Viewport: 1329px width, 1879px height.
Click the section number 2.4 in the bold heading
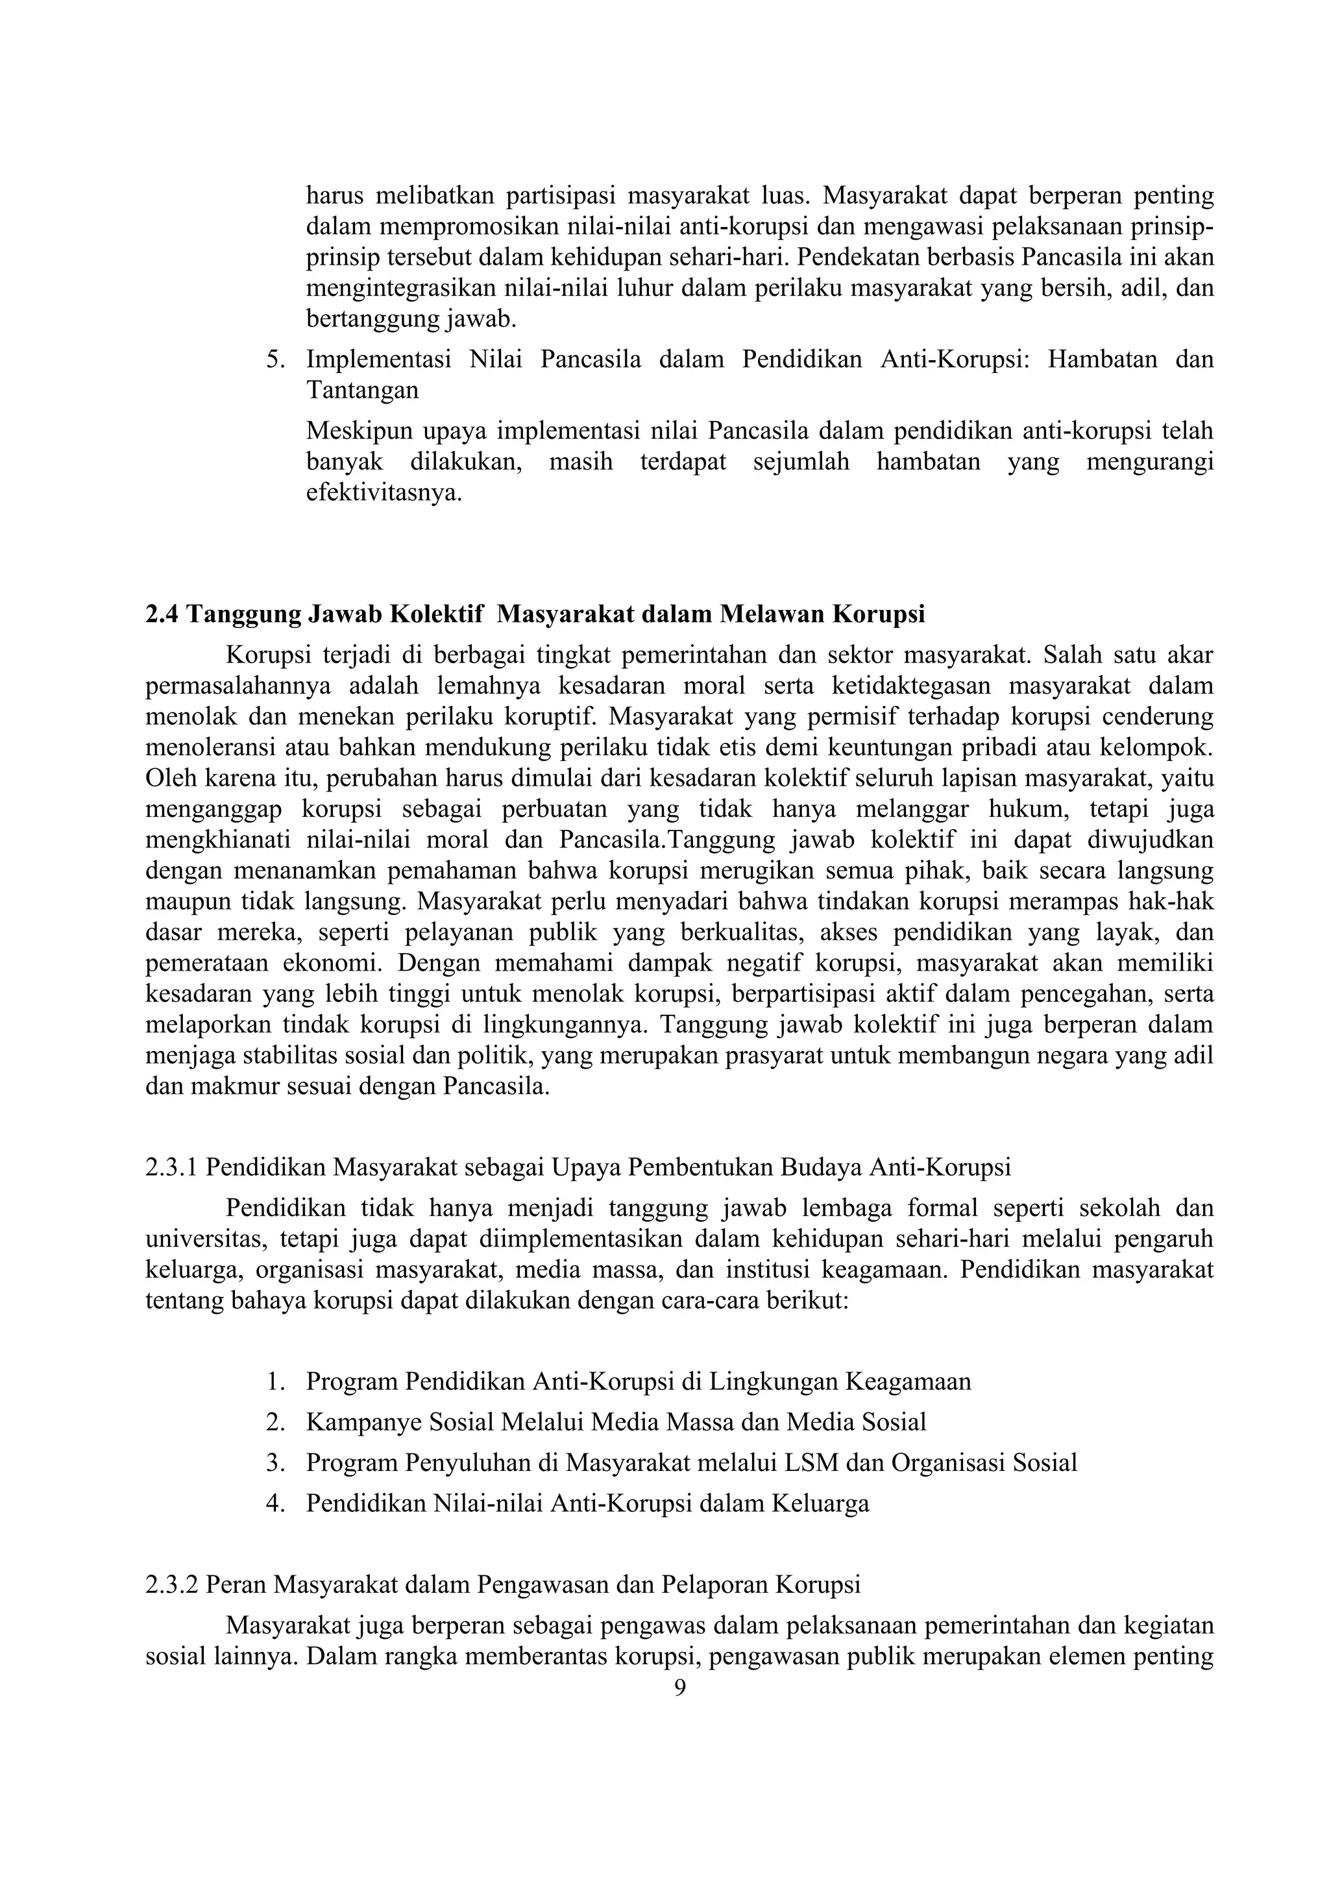(x=163, y=614)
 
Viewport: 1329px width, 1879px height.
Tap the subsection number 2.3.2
(x=172, y=1584)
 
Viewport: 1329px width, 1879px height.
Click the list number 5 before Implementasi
(x=273, y=359)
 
